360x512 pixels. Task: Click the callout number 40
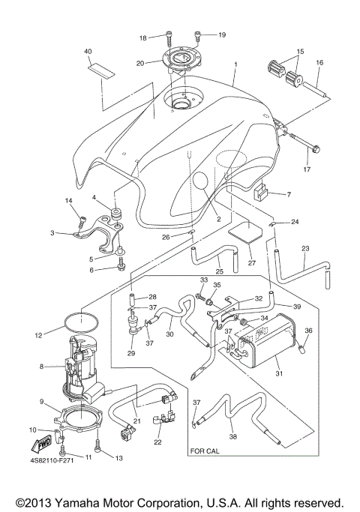(88, 51)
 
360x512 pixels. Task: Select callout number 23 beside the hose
(305, 248)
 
